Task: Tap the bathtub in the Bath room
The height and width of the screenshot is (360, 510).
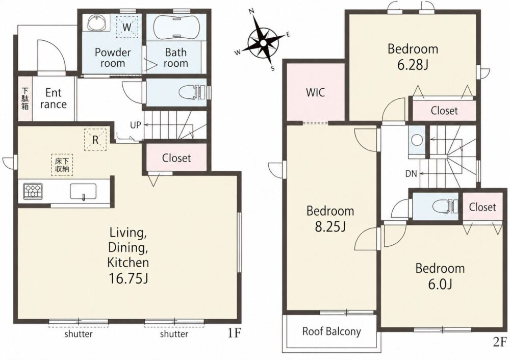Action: click(x=176, y=27)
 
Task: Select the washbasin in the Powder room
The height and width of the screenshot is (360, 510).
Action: click(x=96, y=23)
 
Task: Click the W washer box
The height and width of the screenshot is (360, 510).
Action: click(x=127, y=27)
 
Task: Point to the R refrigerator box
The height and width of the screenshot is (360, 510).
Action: click(x=95, y=140)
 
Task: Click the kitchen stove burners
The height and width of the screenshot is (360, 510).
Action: click(x=33, y=191)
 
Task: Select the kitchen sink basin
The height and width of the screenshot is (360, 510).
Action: click(x=83, y=191)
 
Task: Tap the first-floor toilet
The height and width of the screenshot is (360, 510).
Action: click(x=192, y=92)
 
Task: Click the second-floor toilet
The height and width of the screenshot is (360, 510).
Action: click(x=445, y=207)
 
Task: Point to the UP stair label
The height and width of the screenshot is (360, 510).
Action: click(x=135, y=125)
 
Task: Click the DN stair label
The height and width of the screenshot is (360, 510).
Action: click(x=411, y=174)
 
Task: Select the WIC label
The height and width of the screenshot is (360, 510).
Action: click(x=315, y=93)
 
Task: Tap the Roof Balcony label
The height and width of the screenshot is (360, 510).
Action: click(x=331, y=331)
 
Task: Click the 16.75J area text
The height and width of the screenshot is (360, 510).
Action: click(x=128, y=279)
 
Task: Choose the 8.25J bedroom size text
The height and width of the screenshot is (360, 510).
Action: click(x=330, y=226)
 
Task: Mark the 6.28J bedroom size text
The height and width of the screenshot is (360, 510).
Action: click(x=413, y=65)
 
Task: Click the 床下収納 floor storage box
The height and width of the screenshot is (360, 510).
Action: click(x=62, y=165)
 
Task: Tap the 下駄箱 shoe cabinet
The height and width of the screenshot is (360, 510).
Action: click(x=25, y=98)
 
